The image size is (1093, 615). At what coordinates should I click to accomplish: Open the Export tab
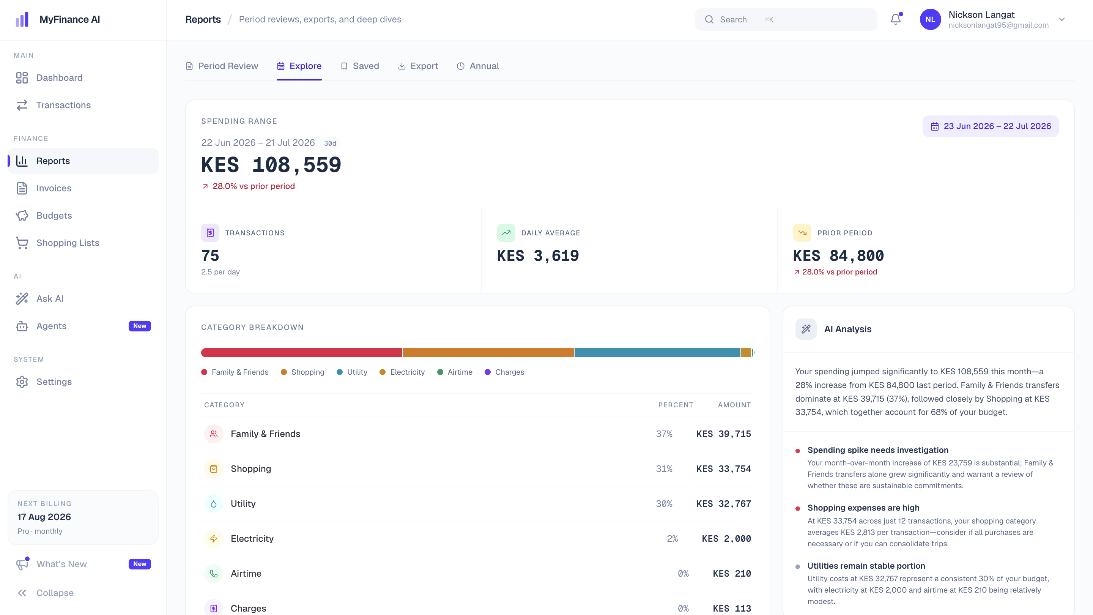(418, 66)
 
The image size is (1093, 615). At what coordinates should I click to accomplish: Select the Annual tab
(478, 66)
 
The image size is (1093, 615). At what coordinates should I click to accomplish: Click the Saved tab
(360, 66)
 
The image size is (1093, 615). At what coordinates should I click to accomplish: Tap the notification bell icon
(896, 19)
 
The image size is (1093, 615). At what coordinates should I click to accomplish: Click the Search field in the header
(786, 19)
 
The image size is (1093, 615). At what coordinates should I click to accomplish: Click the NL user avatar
(930, 19)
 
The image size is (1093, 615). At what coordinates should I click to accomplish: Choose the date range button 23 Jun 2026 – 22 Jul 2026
(990, 126)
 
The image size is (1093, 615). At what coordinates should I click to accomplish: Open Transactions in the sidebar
(64, 105)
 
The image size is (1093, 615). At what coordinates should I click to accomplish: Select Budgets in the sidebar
(54, 215)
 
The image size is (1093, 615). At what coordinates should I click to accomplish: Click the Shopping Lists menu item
(68, 243)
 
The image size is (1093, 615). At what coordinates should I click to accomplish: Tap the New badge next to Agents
(140, 326)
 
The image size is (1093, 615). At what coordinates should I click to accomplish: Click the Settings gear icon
(22, 382)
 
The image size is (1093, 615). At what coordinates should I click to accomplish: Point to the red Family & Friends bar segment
(302, 353)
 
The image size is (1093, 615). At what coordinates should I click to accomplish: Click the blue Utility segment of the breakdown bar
(657, 353)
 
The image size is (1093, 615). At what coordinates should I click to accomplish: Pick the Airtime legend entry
(455, 372)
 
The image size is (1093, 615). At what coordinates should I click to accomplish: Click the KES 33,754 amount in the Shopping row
(723, 468)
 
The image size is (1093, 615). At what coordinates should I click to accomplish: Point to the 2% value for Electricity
(672, 539)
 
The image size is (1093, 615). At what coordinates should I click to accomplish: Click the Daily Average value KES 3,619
(538, 255)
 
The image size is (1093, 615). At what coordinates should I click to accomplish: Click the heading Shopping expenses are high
(863, 508)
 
